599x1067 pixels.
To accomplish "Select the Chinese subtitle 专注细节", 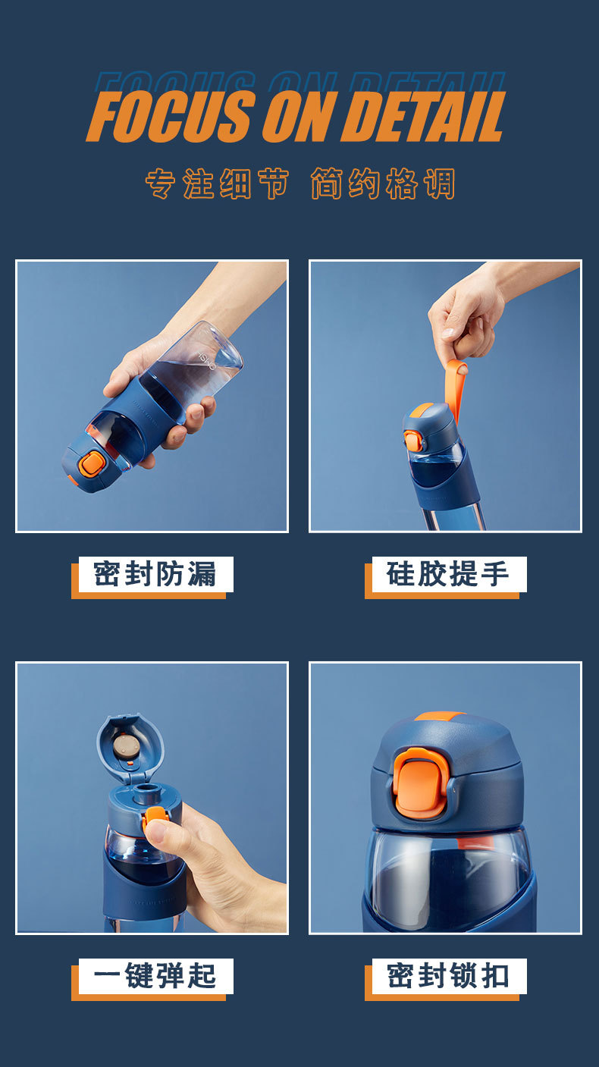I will pos(217,184).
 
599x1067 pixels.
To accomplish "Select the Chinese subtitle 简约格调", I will pos(383,184).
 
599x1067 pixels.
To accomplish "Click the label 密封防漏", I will pos(155,574).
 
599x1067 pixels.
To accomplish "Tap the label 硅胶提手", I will pos(447,574).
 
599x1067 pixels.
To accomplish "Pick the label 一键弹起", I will pos(155,976).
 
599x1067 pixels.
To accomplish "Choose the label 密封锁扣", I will pos(447,976).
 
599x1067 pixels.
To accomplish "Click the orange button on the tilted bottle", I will pos(92,463).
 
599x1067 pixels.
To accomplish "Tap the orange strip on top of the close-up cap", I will pos(439,716).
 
